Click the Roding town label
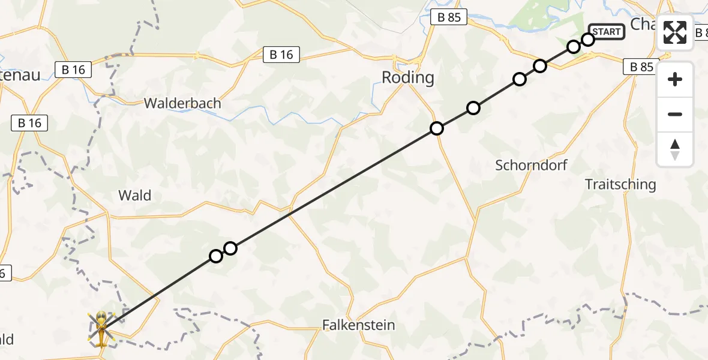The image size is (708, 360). [408, 77]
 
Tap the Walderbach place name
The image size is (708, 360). [182, 103]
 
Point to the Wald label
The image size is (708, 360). [135, 195]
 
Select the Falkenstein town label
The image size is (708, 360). [359, 325]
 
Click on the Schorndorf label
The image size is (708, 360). [531, 165]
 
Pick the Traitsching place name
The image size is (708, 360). [620, 184]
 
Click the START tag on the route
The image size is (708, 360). [607, 31]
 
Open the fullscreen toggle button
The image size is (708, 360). [675, 32]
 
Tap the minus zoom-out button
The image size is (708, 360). [675, 114]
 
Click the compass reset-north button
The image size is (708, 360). [675, 149]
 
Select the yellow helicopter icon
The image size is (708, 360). [101, 329]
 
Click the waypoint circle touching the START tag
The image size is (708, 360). [588, 40]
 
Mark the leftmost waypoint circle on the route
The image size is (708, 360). [216, 256]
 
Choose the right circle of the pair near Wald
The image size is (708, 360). [230, 248]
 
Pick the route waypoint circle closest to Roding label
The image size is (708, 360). [437, 128]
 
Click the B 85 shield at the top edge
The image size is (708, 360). [449, 18]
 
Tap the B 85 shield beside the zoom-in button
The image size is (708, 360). [641, 67]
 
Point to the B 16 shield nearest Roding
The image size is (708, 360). [281, 55]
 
